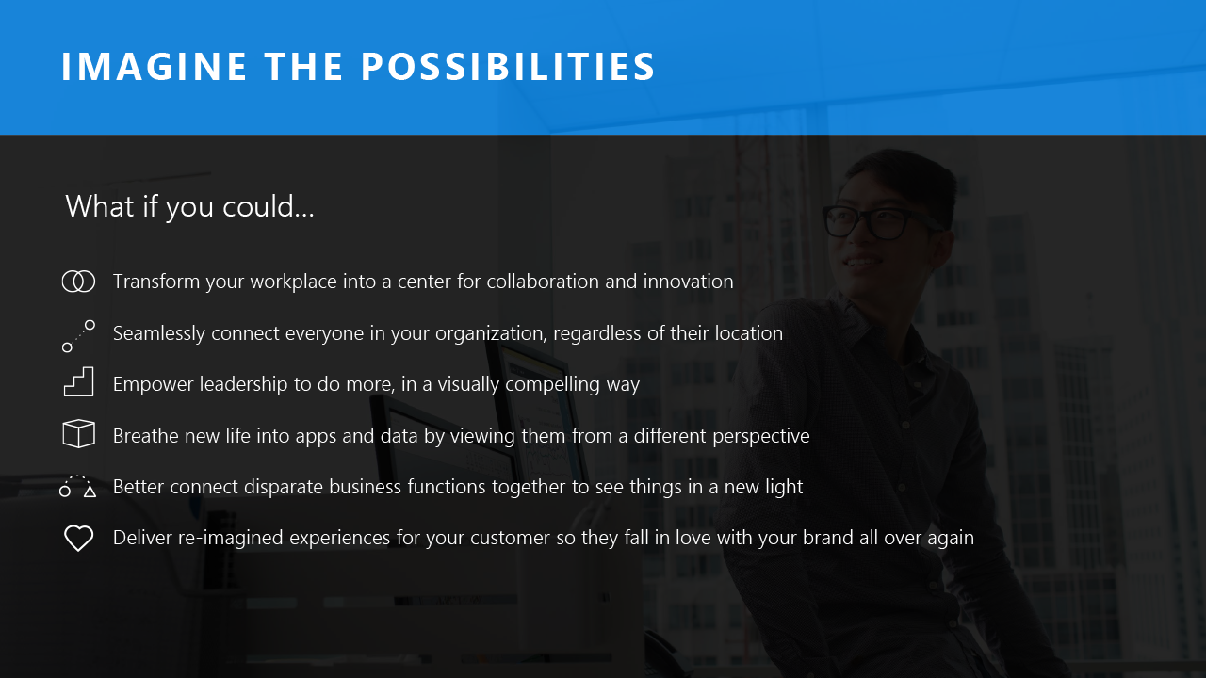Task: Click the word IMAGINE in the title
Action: [153, 68]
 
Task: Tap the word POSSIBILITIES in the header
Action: [508, 68]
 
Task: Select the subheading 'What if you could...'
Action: [189, 206]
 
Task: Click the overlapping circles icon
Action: [78, 282]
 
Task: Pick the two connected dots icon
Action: [78, 336]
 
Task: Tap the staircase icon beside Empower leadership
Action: [78, 382]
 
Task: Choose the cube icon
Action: [78, 434]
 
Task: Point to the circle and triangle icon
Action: [78, 487]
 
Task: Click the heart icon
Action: [78, 539]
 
